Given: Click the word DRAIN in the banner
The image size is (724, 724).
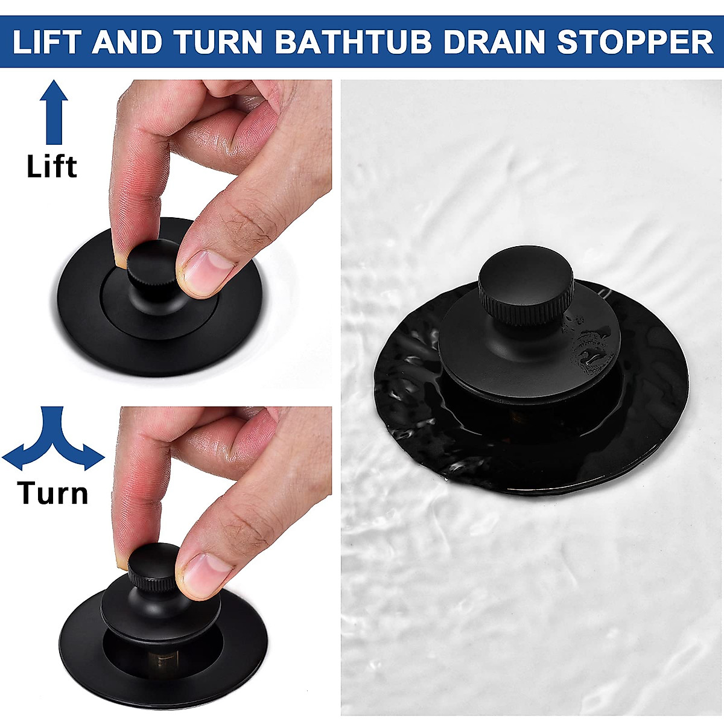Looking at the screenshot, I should [493, 42].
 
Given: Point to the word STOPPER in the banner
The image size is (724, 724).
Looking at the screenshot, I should [635, 42].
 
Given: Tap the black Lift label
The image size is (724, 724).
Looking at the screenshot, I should [52, 167].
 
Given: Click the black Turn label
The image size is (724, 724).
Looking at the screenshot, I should [53, 493].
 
